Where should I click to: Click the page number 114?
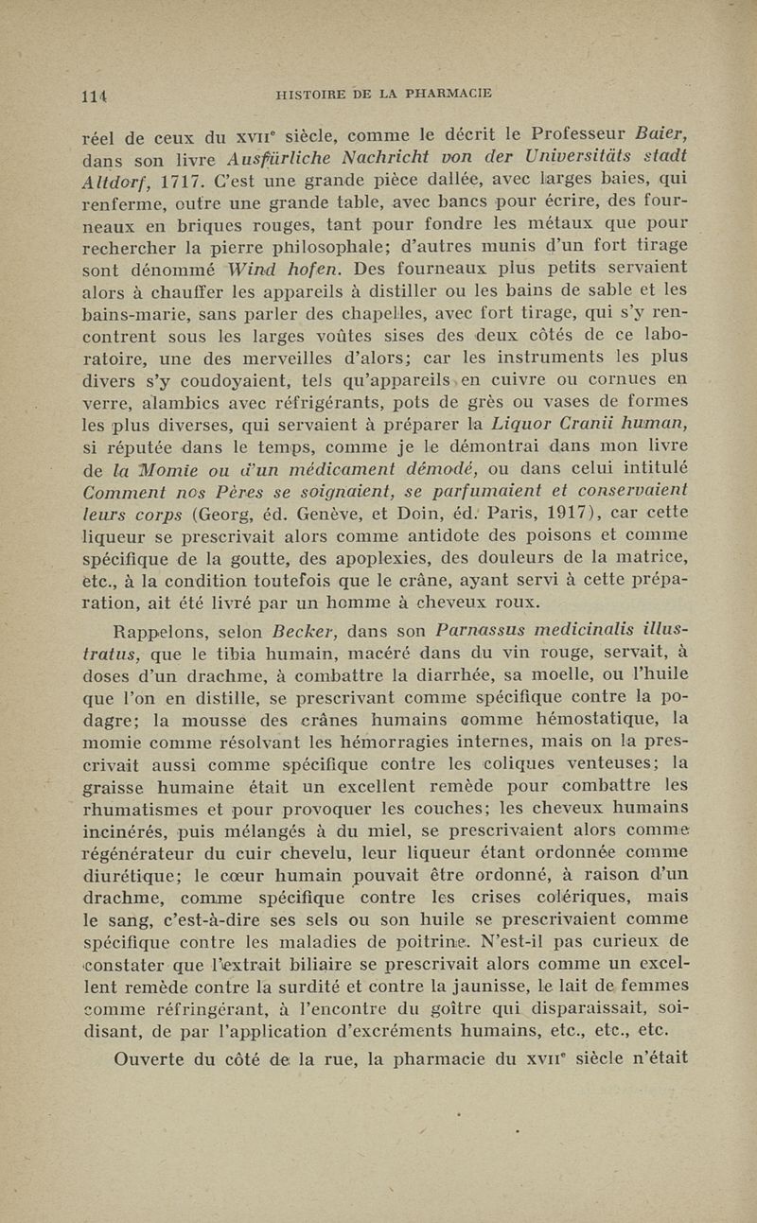(93, 95)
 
